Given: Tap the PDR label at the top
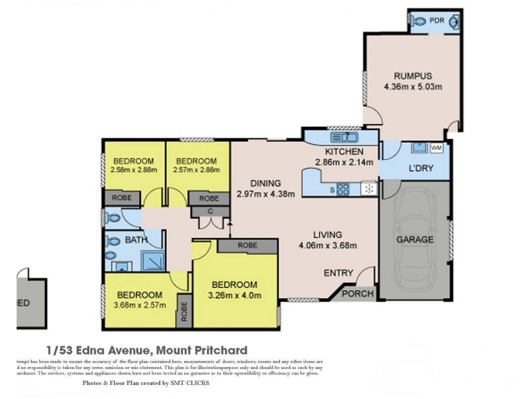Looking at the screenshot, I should point(436,21).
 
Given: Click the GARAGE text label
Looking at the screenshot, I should point(415,239).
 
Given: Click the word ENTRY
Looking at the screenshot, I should point(338,273).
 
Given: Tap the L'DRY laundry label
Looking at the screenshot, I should point(421,168).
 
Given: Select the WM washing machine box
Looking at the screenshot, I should point(436,148).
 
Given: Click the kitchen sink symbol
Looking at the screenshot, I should point(344,138).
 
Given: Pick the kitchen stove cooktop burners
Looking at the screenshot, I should point(343,189).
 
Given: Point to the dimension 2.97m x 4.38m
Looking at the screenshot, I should point(265,195).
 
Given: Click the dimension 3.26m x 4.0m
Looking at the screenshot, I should point(234,296).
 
